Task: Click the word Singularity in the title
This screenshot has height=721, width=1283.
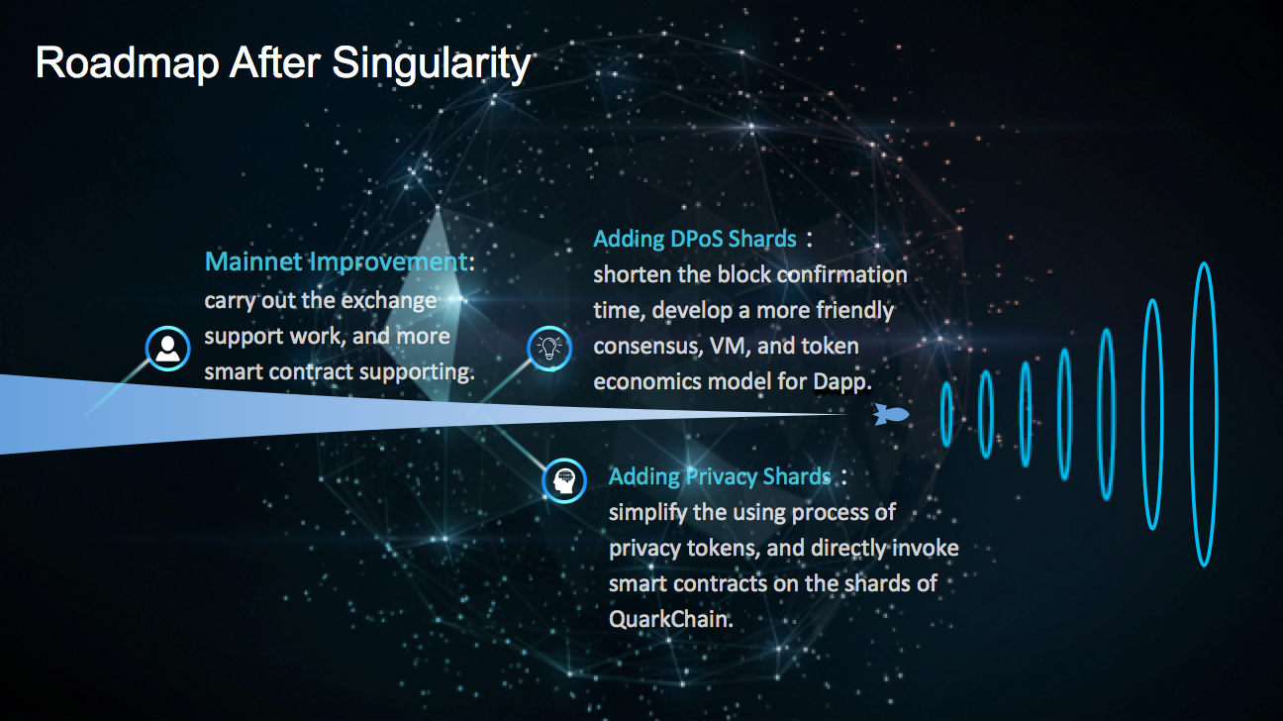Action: point(432,64)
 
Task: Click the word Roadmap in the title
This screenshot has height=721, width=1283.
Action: point(128,63)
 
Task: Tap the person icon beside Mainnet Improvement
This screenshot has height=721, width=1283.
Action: point(167,349)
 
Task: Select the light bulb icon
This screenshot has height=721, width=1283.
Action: point(549,349)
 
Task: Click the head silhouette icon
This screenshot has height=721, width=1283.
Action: point(564,481)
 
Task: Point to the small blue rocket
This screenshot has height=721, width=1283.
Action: point(891,414)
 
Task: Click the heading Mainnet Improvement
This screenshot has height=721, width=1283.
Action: point(337,261)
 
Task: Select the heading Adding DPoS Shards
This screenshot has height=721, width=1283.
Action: point(695,239)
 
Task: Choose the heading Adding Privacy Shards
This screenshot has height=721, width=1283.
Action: point(720,476)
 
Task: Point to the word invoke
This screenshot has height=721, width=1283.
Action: point(925,548)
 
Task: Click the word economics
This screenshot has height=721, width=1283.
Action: point(650,381)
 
